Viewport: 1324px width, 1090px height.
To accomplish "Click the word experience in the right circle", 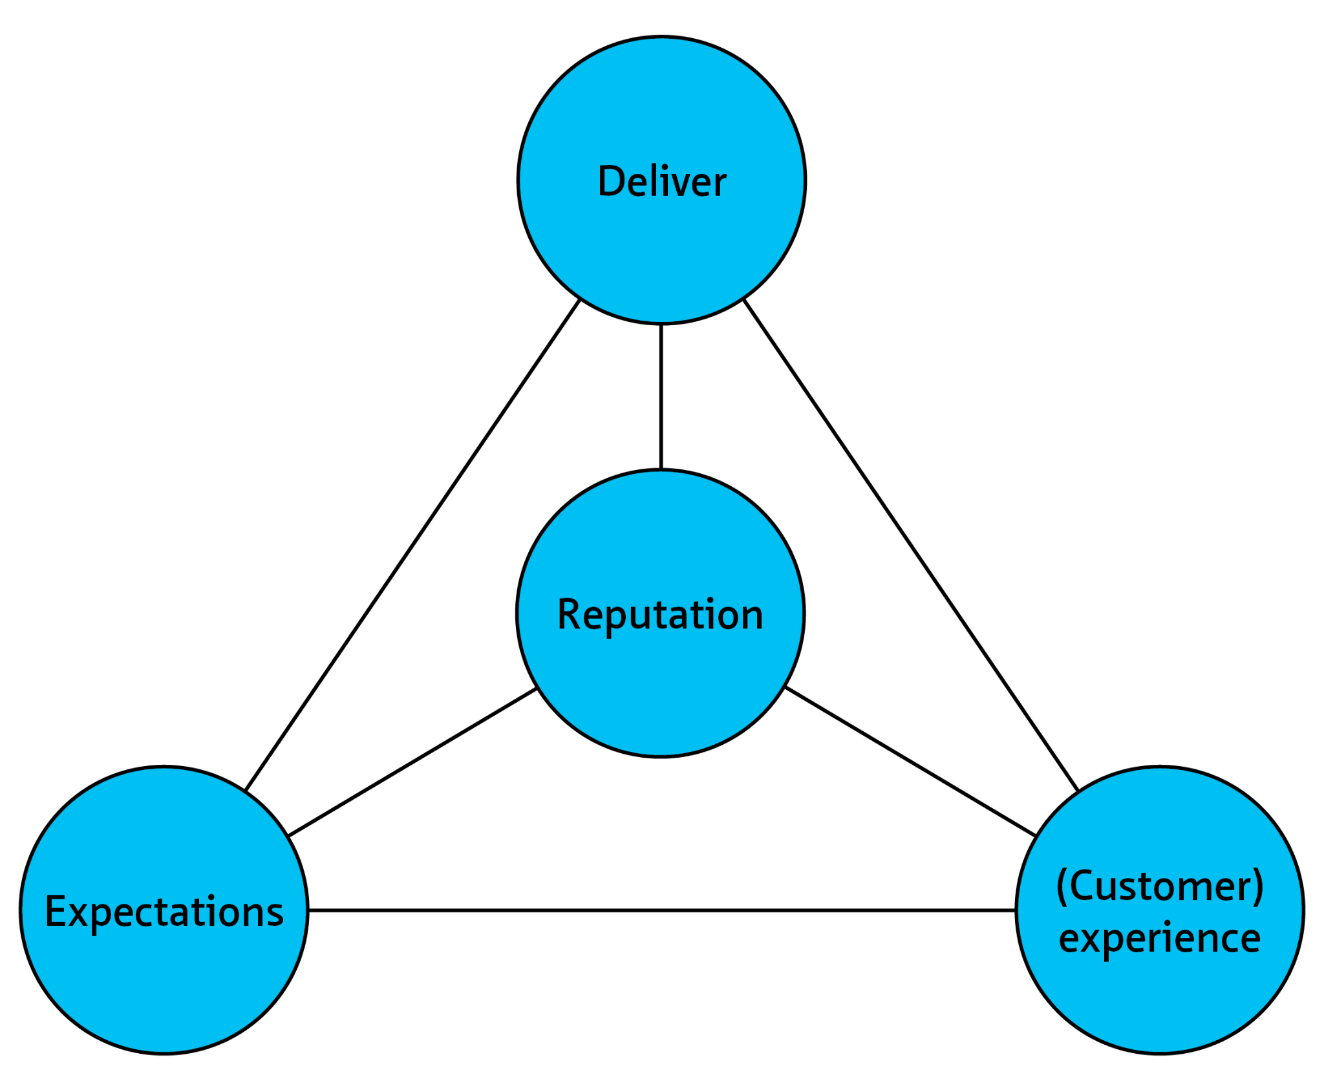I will point(1159,939).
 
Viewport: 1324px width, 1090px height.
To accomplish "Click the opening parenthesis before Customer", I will point(1061,887).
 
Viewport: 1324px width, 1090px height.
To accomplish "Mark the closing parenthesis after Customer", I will point(1257,887).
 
